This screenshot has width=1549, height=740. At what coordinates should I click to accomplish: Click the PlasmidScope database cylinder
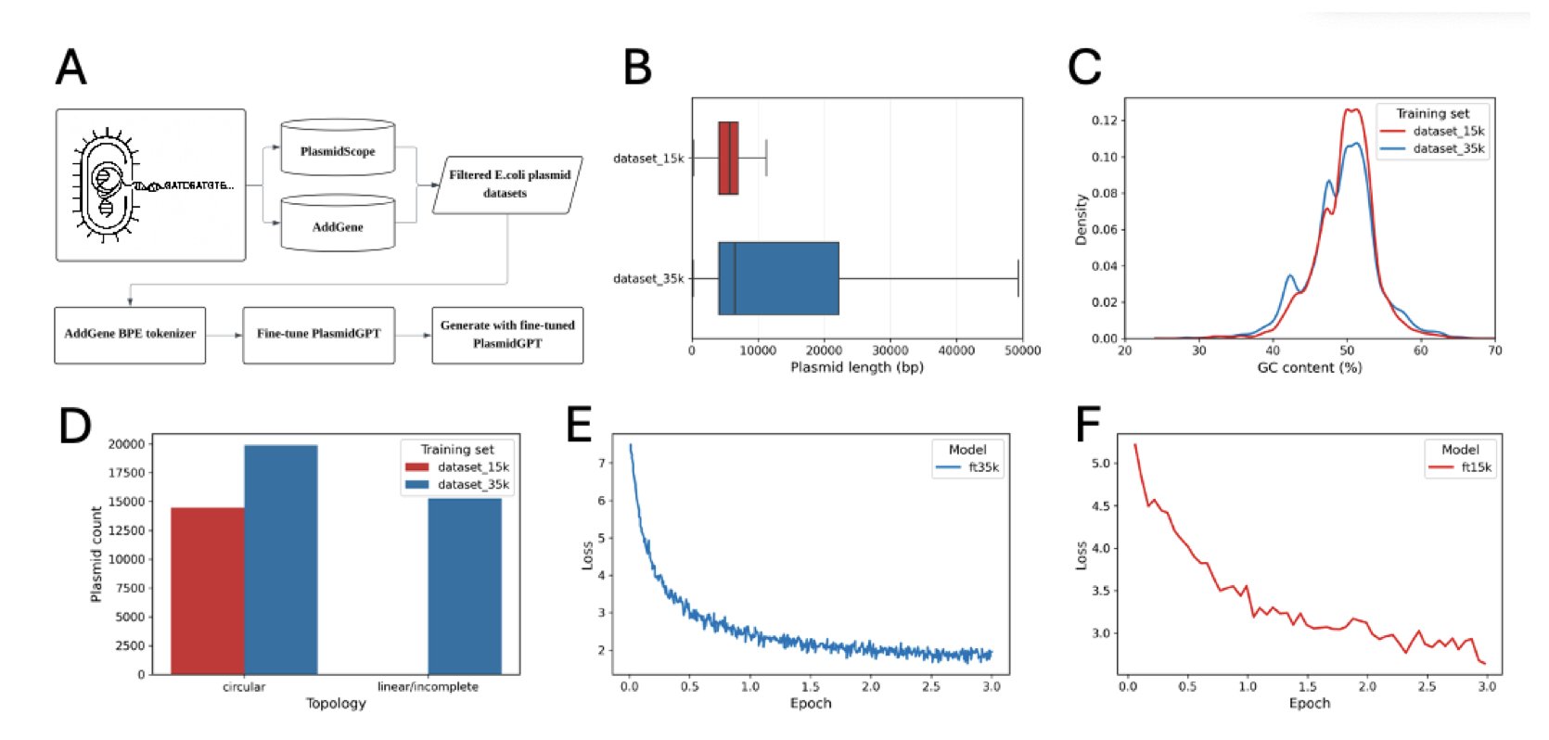(338, 149)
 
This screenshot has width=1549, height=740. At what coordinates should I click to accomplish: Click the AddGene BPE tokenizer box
(130, 335)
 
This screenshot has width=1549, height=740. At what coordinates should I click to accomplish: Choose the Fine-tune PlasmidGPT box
(318, 335)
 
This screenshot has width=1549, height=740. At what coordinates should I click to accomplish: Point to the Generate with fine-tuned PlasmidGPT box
(507, 335)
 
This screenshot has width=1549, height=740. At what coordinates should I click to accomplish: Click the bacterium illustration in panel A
(108, 185)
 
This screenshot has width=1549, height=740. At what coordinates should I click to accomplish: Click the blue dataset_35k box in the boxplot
(778, 278)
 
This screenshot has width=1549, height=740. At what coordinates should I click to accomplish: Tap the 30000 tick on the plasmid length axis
(890, 351)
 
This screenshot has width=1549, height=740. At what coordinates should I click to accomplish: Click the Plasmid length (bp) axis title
(856, 367)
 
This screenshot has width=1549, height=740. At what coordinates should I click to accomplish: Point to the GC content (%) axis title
(1309, 367)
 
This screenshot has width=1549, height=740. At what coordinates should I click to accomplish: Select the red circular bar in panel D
(208, 591)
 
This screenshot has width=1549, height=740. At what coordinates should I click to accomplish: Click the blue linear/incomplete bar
(465, 586)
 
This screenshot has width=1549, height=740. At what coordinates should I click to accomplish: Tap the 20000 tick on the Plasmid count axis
(126, 444)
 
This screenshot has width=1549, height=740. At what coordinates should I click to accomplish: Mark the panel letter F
(1087, 426)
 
